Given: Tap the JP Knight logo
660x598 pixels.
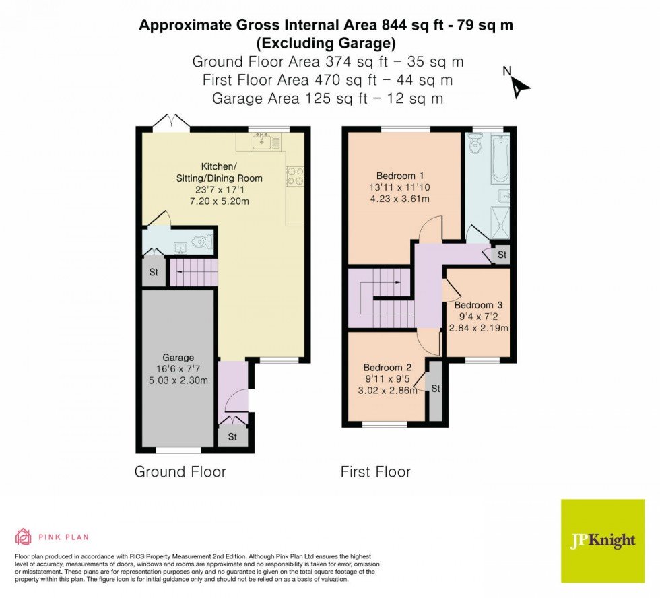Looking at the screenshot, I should [x=602, y=541].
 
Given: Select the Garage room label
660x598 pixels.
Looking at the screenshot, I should [x=178, y=358].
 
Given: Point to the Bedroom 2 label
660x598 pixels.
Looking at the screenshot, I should [x=387, y=368].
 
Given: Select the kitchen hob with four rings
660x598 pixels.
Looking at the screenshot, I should [x=295, y=176].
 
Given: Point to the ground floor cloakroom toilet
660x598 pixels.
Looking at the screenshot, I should [x=201, y=242].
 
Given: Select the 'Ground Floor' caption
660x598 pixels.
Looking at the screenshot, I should [x=180, y=471].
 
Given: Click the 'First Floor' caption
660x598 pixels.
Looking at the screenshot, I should [x=375, y=471].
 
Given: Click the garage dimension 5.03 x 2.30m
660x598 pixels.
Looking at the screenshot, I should [x=178, y=380].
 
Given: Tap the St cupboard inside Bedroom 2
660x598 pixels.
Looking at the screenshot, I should [x=436, y=389].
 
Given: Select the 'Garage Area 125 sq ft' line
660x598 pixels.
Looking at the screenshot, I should [x=327, y=98].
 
